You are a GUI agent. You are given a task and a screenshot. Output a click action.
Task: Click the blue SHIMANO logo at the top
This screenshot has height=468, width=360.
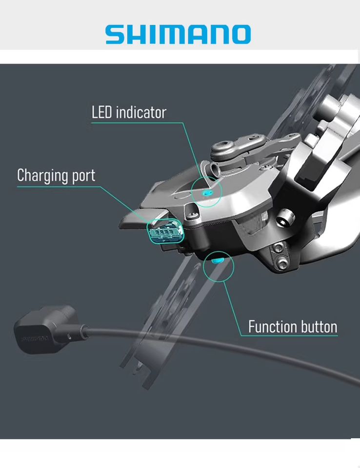178,35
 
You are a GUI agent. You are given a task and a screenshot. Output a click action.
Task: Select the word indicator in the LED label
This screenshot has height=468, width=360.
141,112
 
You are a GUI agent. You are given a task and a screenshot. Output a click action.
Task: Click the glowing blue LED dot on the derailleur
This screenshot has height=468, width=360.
207,192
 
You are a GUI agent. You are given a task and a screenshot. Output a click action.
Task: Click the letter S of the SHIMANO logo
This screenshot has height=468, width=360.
115,35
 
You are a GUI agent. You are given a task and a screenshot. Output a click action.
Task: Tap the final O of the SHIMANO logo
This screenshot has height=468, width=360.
240,35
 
